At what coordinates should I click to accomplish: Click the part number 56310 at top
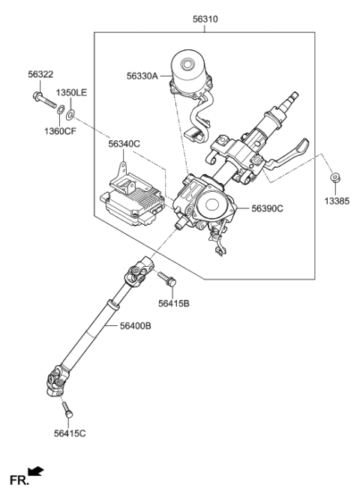(x=205, y=19)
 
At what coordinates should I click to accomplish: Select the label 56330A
(x=142, y=76)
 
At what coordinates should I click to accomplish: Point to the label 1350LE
(x=73, y=92)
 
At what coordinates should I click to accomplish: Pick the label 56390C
(x=267, y=209)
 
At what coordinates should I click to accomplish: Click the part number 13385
(x=336, y=202)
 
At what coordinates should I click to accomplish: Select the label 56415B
(x=173, y=304)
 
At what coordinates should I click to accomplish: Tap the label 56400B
(x=136, y=326)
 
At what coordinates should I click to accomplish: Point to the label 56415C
(x=70, y=433)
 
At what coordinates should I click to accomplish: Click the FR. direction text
(x=17, y=479)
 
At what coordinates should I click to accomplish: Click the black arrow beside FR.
(x=36, y=472)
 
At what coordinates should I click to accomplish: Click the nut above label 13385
(x=335, y=178)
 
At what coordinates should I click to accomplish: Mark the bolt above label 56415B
(x=167, y=280)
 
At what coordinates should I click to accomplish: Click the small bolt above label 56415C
(x=68, y=411)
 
